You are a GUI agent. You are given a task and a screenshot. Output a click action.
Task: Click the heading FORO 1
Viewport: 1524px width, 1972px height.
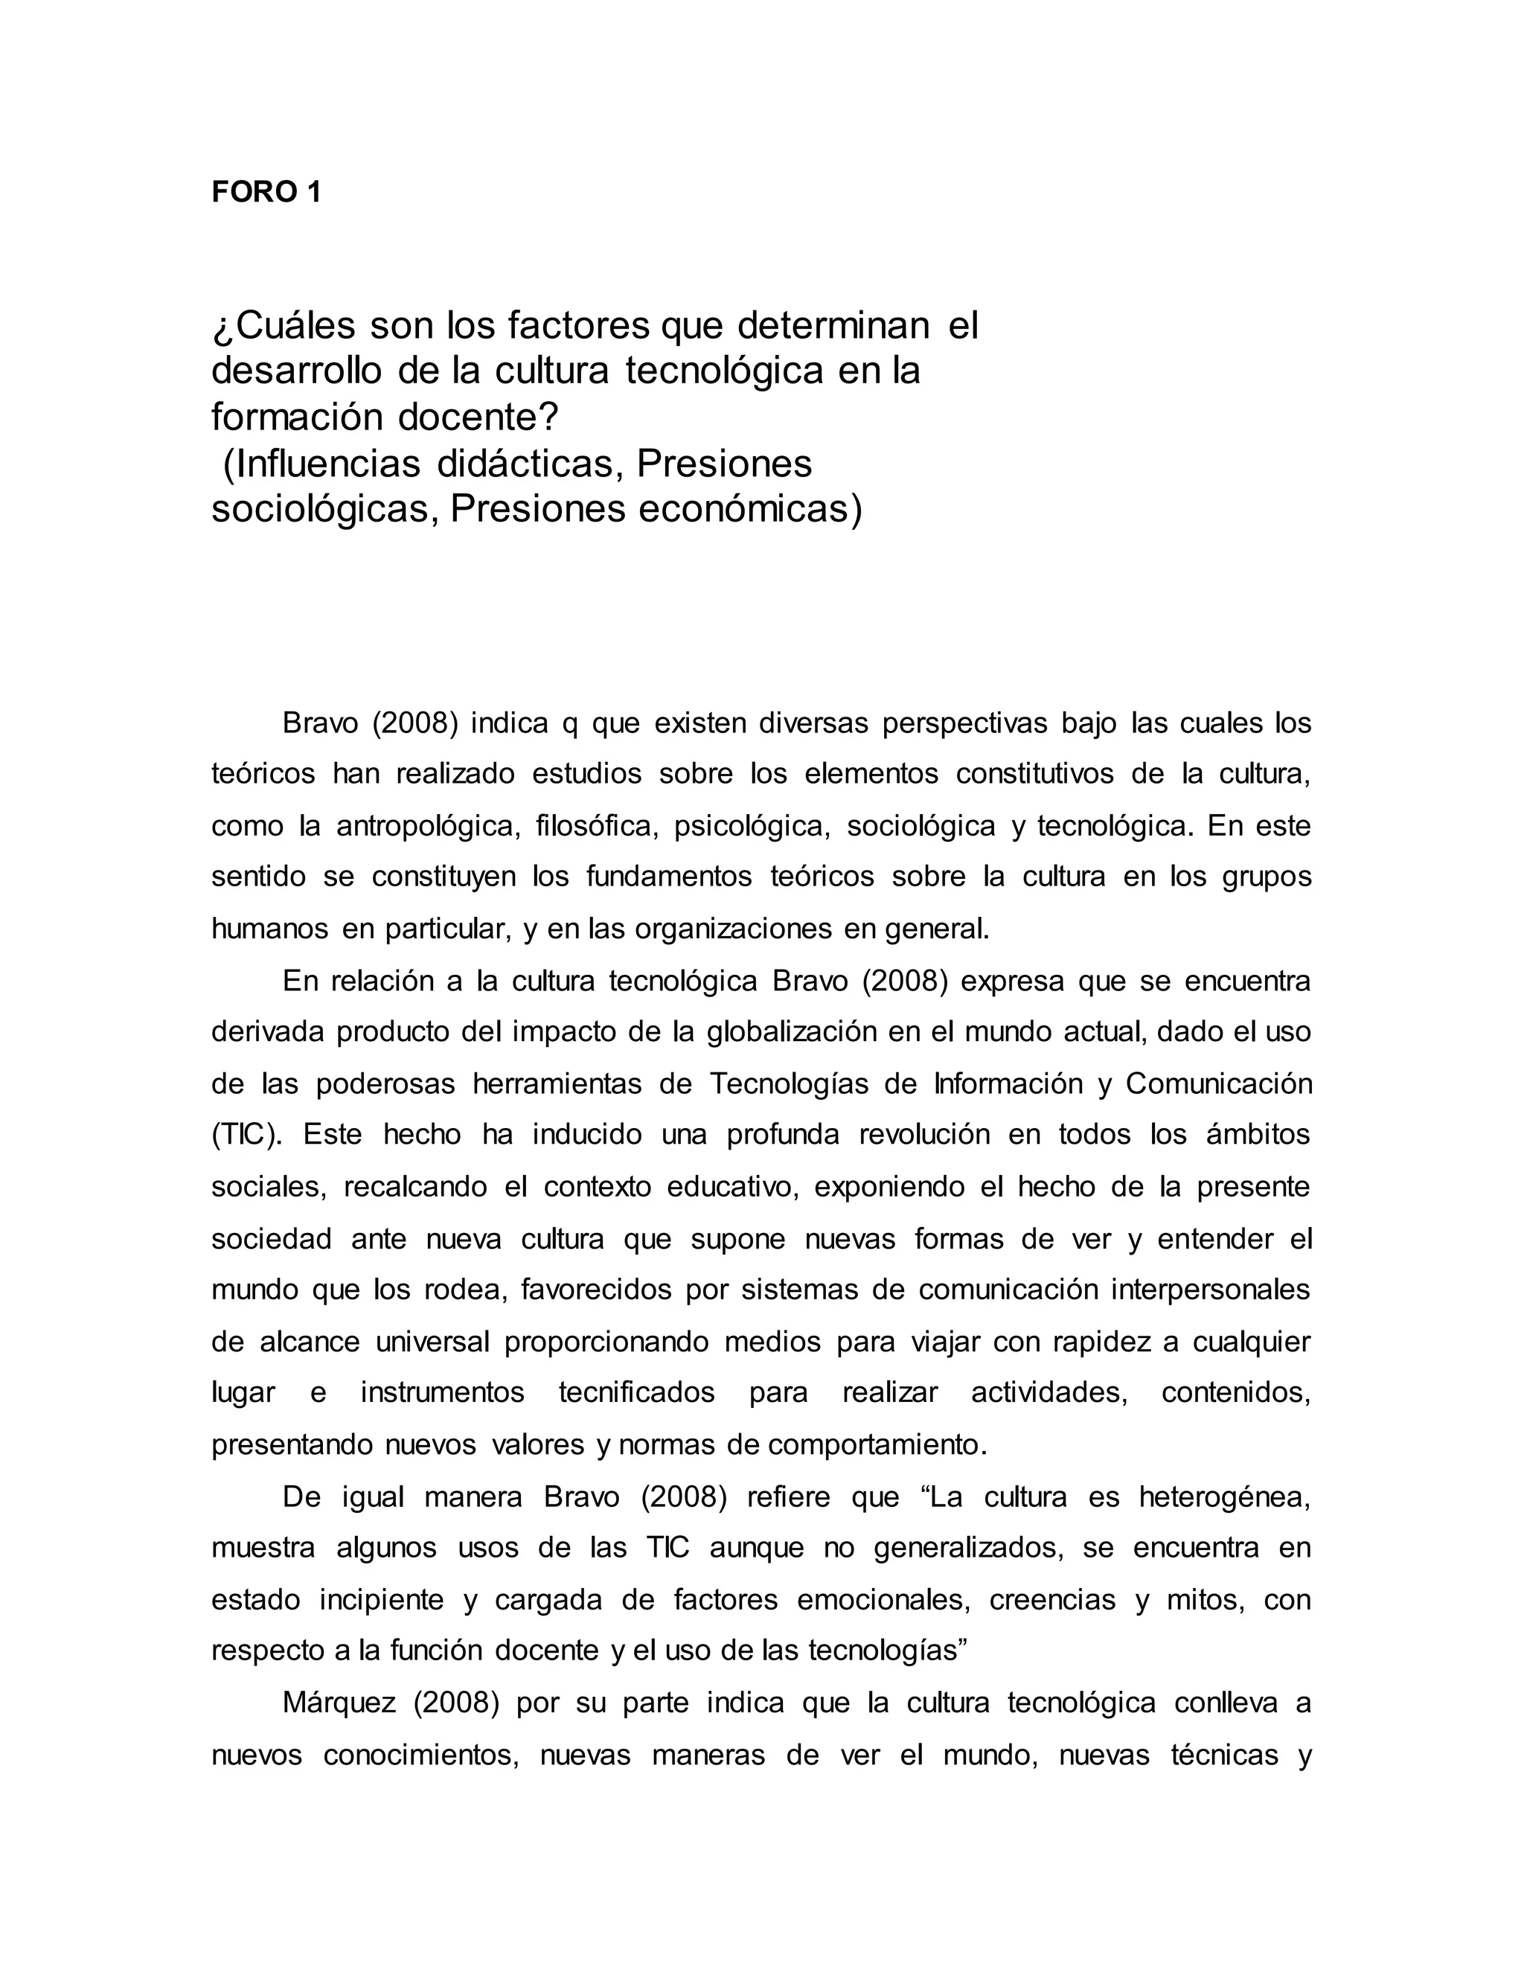tap(266, 192)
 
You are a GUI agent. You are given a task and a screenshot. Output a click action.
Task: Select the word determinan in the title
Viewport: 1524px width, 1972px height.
tap(833, 325)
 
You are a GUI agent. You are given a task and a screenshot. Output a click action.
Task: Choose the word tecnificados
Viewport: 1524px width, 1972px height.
tap(636, 1393)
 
